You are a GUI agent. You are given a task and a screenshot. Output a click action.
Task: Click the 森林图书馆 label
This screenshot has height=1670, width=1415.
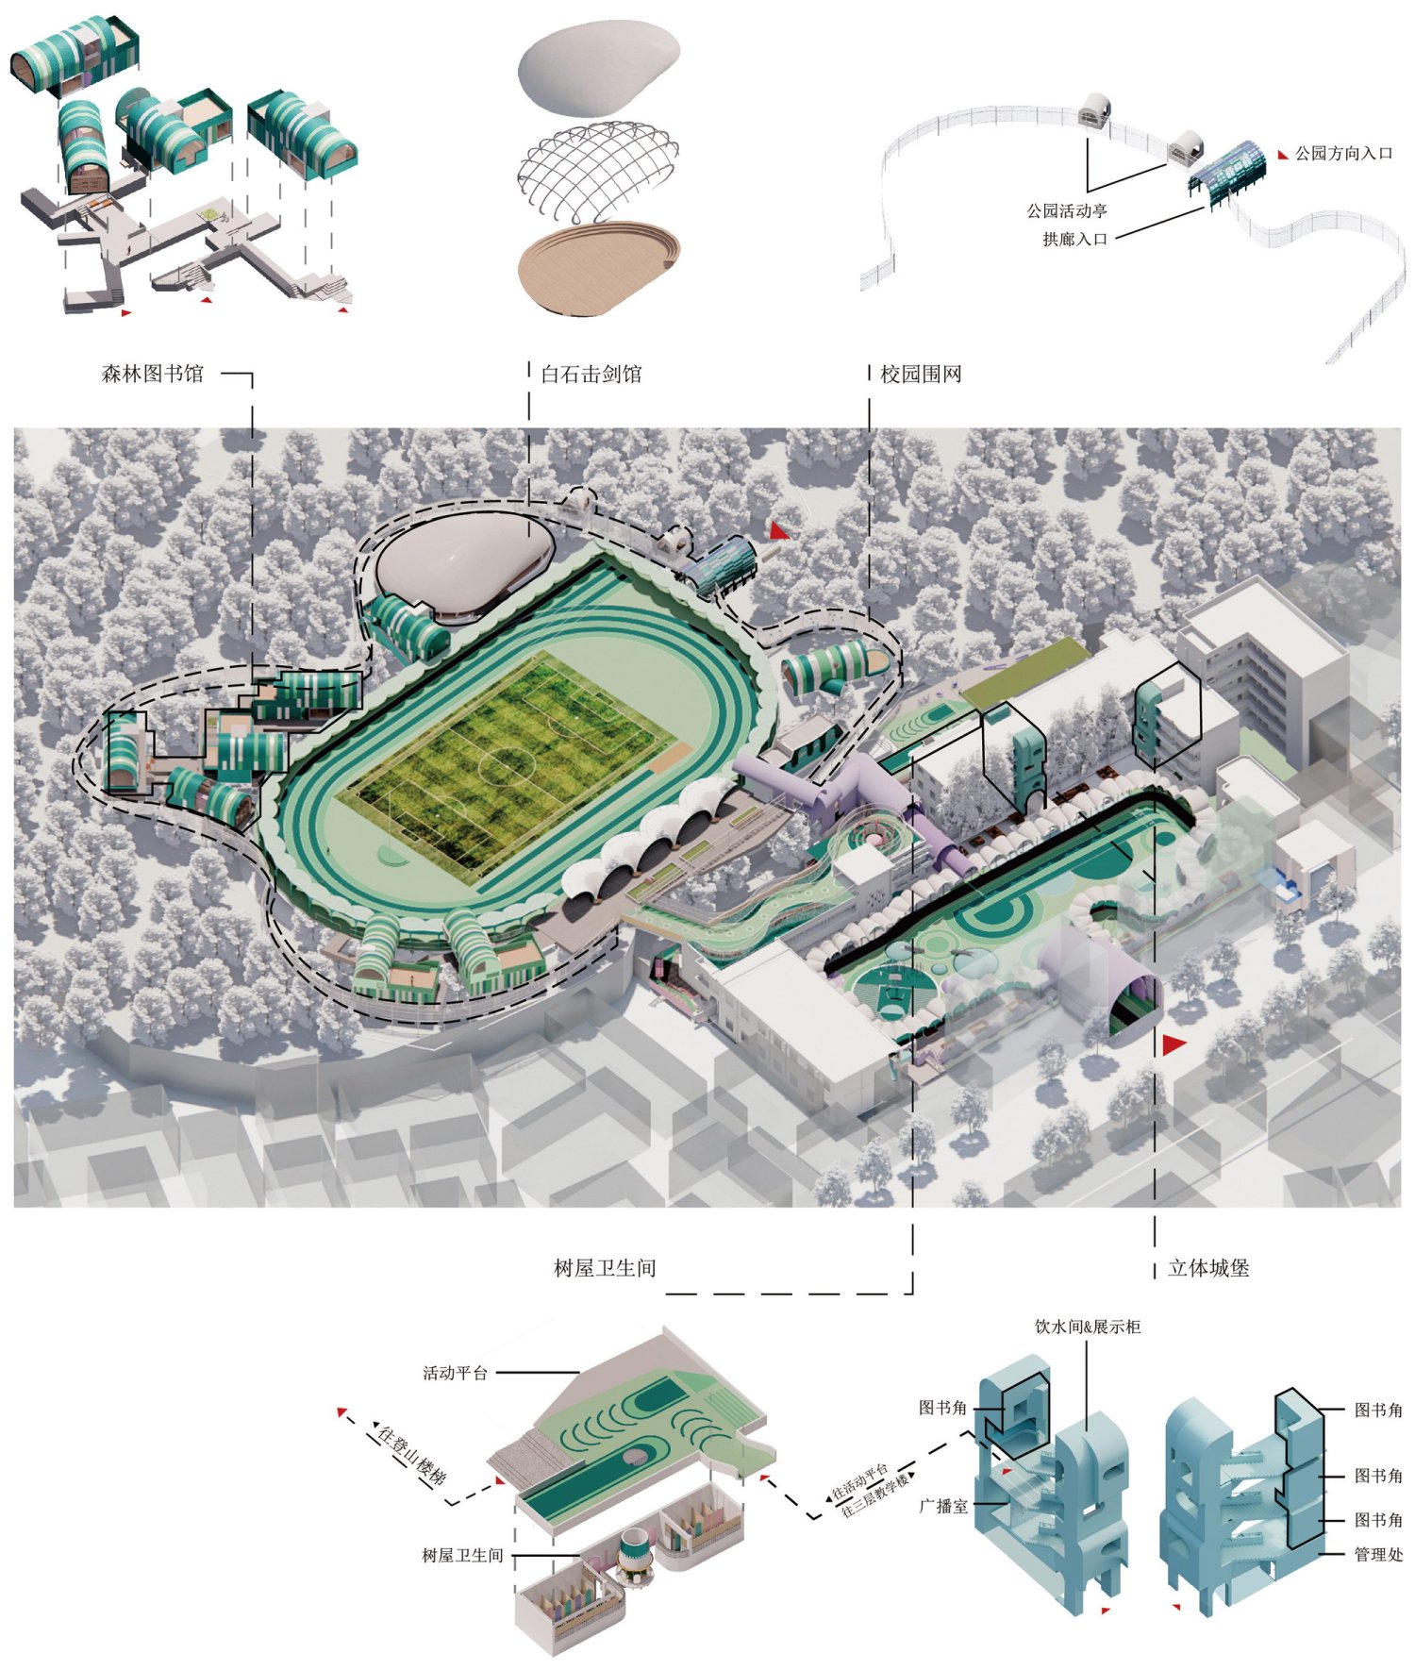click(153, 374)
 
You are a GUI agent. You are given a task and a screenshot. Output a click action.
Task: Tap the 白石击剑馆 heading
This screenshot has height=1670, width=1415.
click(591, 374)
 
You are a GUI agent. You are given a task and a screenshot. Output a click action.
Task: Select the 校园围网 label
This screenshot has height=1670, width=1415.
click(921, 374)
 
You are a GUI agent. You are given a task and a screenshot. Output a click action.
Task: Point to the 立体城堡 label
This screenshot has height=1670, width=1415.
click(1208, 1268)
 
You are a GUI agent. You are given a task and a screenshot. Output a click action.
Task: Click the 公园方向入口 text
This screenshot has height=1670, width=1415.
click(1343, 153)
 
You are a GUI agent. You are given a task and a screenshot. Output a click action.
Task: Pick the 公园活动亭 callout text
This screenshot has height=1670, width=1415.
click(1067, 211)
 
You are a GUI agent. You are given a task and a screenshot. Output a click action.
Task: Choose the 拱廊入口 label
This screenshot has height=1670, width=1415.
click(1074, 240)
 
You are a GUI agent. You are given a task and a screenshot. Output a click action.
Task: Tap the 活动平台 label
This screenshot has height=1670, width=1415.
click(455, 1373)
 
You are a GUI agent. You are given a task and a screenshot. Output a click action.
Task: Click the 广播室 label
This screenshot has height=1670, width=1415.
click(943, 1507)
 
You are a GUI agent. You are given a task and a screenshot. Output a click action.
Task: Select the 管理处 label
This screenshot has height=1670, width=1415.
click(1378, 1554)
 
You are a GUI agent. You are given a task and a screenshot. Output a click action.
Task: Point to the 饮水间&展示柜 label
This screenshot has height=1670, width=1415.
click(1088, 1327)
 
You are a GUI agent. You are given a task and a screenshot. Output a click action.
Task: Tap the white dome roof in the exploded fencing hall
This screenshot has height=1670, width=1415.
click(598, 69)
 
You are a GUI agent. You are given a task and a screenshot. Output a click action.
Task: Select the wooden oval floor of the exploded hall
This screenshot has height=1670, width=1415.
click(598, 269)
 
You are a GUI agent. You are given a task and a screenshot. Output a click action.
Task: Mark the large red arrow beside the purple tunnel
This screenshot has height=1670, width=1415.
click(1174, 1044)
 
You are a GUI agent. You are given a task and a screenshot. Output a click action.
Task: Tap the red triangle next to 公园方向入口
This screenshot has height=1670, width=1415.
click(1283, 154)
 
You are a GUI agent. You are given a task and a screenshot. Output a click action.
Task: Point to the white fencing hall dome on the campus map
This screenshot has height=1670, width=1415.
click(464, 558)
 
